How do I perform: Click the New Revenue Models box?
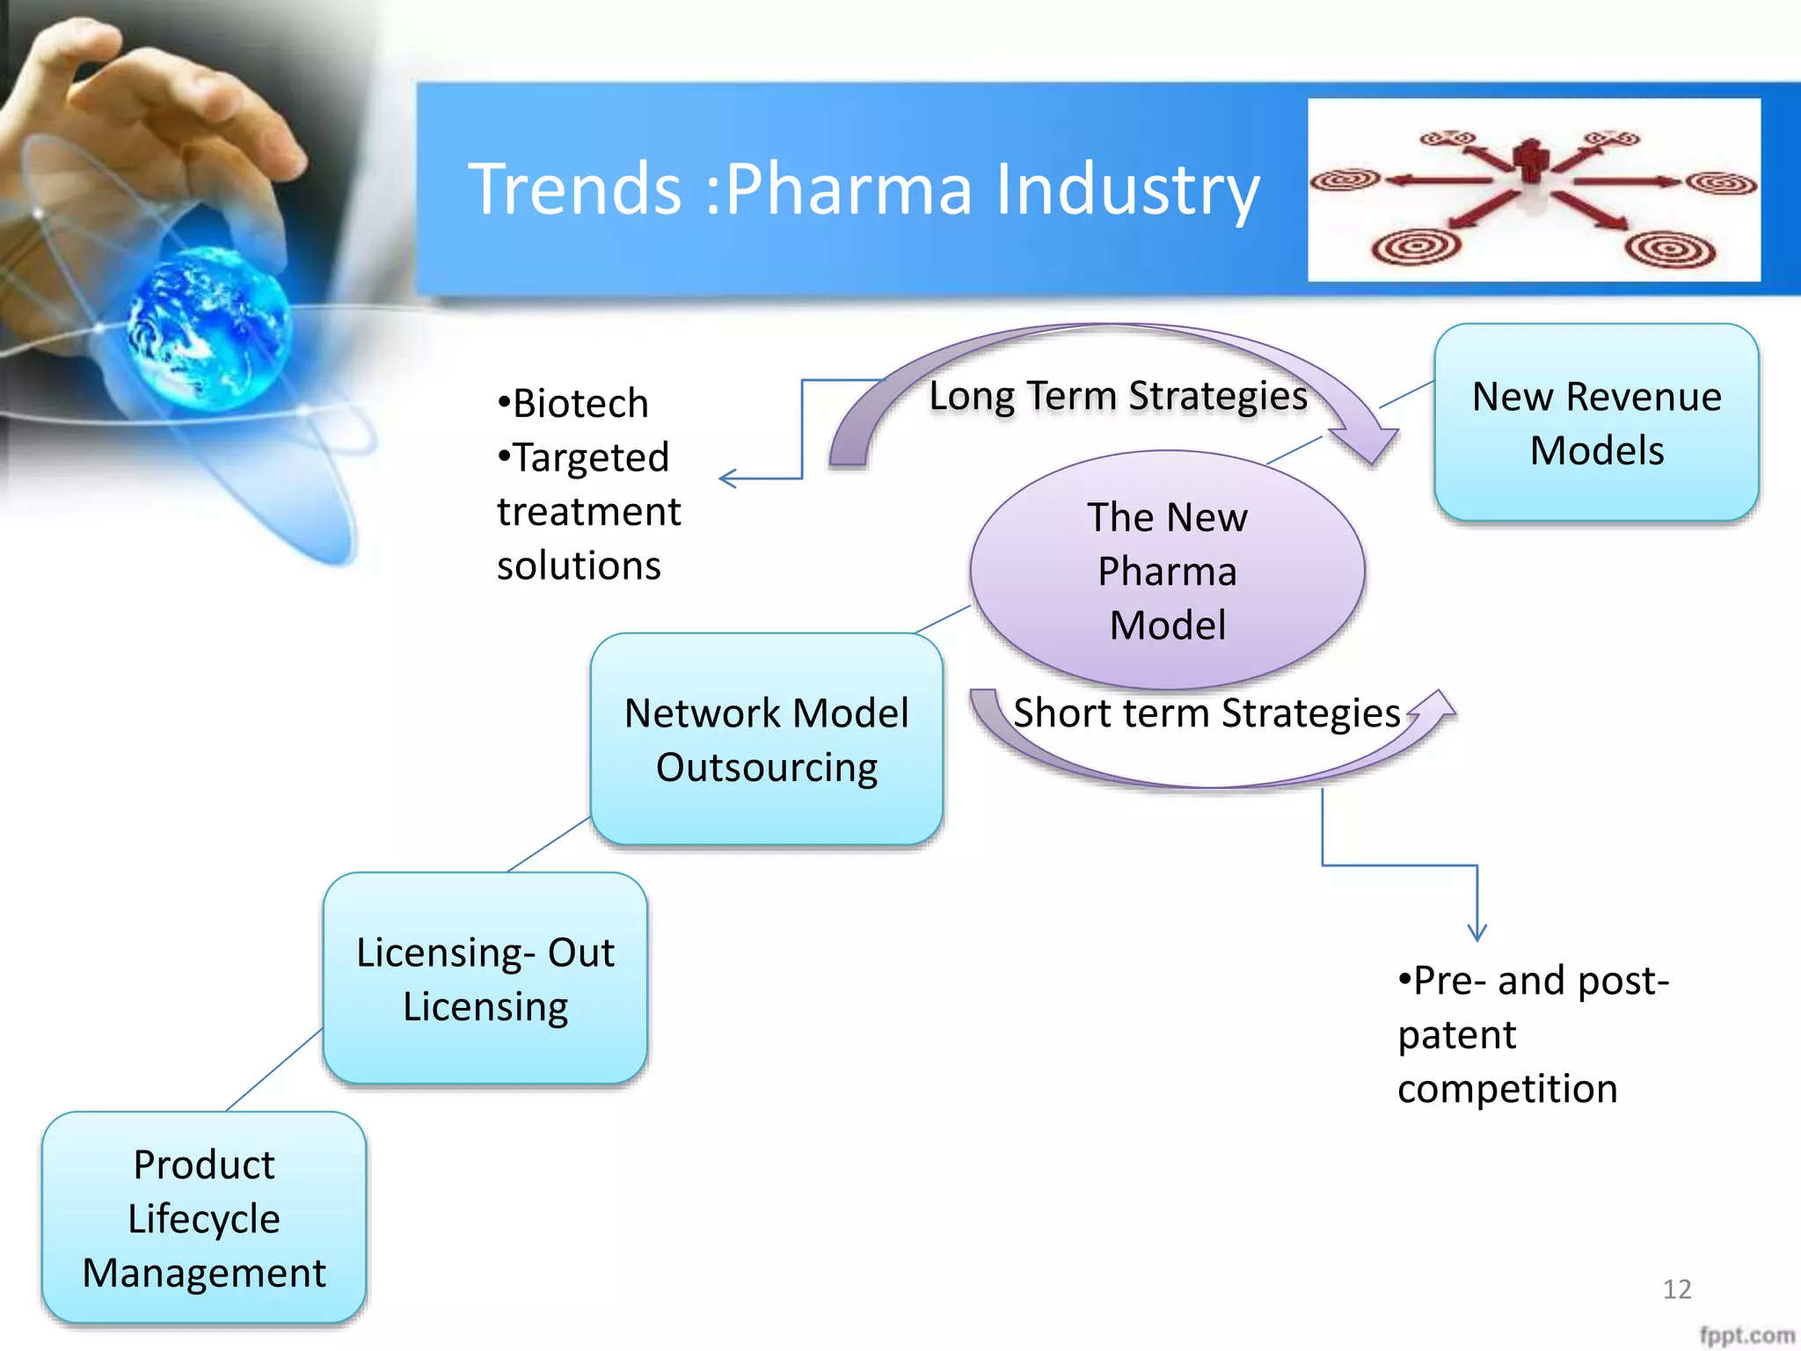click(x=1595, y=423)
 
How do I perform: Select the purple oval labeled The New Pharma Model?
click(x=1167, y=570)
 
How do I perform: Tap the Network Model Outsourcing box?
click(x=766, y=740)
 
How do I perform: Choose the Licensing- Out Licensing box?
click(x=485, y=978)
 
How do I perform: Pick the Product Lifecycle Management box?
click(x=203, y=1218)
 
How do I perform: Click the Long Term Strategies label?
click(x=1118, y=396)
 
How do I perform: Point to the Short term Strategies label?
click(x=1206, y=713)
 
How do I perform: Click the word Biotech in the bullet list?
click(x=580, y=404)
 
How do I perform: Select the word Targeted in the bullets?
click(x=590, y=457)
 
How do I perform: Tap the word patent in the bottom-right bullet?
click(x=1456, y=1035)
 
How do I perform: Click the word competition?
click(x=1506, y=1089)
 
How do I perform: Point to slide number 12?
click(x=1676, y=1289)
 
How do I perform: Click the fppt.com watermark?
click(x=1746, y=1335)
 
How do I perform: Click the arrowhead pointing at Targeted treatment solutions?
click(x=726, y=478)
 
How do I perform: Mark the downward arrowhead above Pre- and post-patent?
click(x=1477, y=934)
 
